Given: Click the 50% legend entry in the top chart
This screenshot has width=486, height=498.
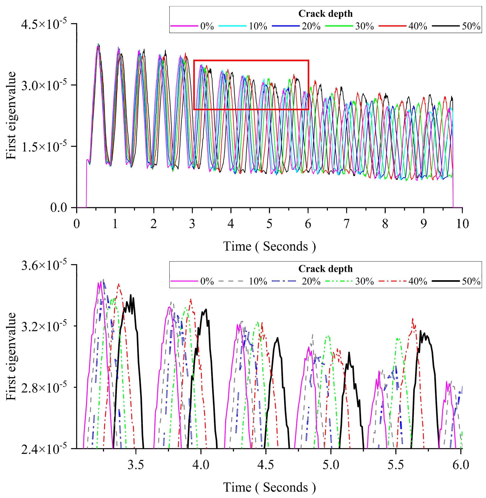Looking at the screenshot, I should (471, 26).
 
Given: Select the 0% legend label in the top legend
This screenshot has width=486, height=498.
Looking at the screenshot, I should (207, 26).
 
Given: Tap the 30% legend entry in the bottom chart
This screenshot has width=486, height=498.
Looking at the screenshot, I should (364, 281).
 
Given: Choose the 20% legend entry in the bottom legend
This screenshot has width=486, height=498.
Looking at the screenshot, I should (311, 281).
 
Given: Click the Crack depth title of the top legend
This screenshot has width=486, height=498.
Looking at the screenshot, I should (325, 13).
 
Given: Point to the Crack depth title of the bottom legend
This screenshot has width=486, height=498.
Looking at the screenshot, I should (325, 269).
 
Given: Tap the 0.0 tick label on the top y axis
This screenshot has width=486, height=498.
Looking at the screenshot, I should (59, 208).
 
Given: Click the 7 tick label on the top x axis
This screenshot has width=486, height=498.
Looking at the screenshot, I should (346, 224).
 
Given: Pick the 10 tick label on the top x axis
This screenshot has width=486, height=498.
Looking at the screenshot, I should (462, 224).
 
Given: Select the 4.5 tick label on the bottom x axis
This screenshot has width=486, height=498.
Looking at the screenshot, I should (266, 465).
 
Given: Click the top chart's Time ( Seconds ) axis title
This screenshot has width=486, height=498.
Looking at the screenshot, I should (269, 246).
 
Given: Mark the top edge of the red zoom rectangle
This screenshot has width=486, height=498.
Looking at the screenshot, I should (251, 60).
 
